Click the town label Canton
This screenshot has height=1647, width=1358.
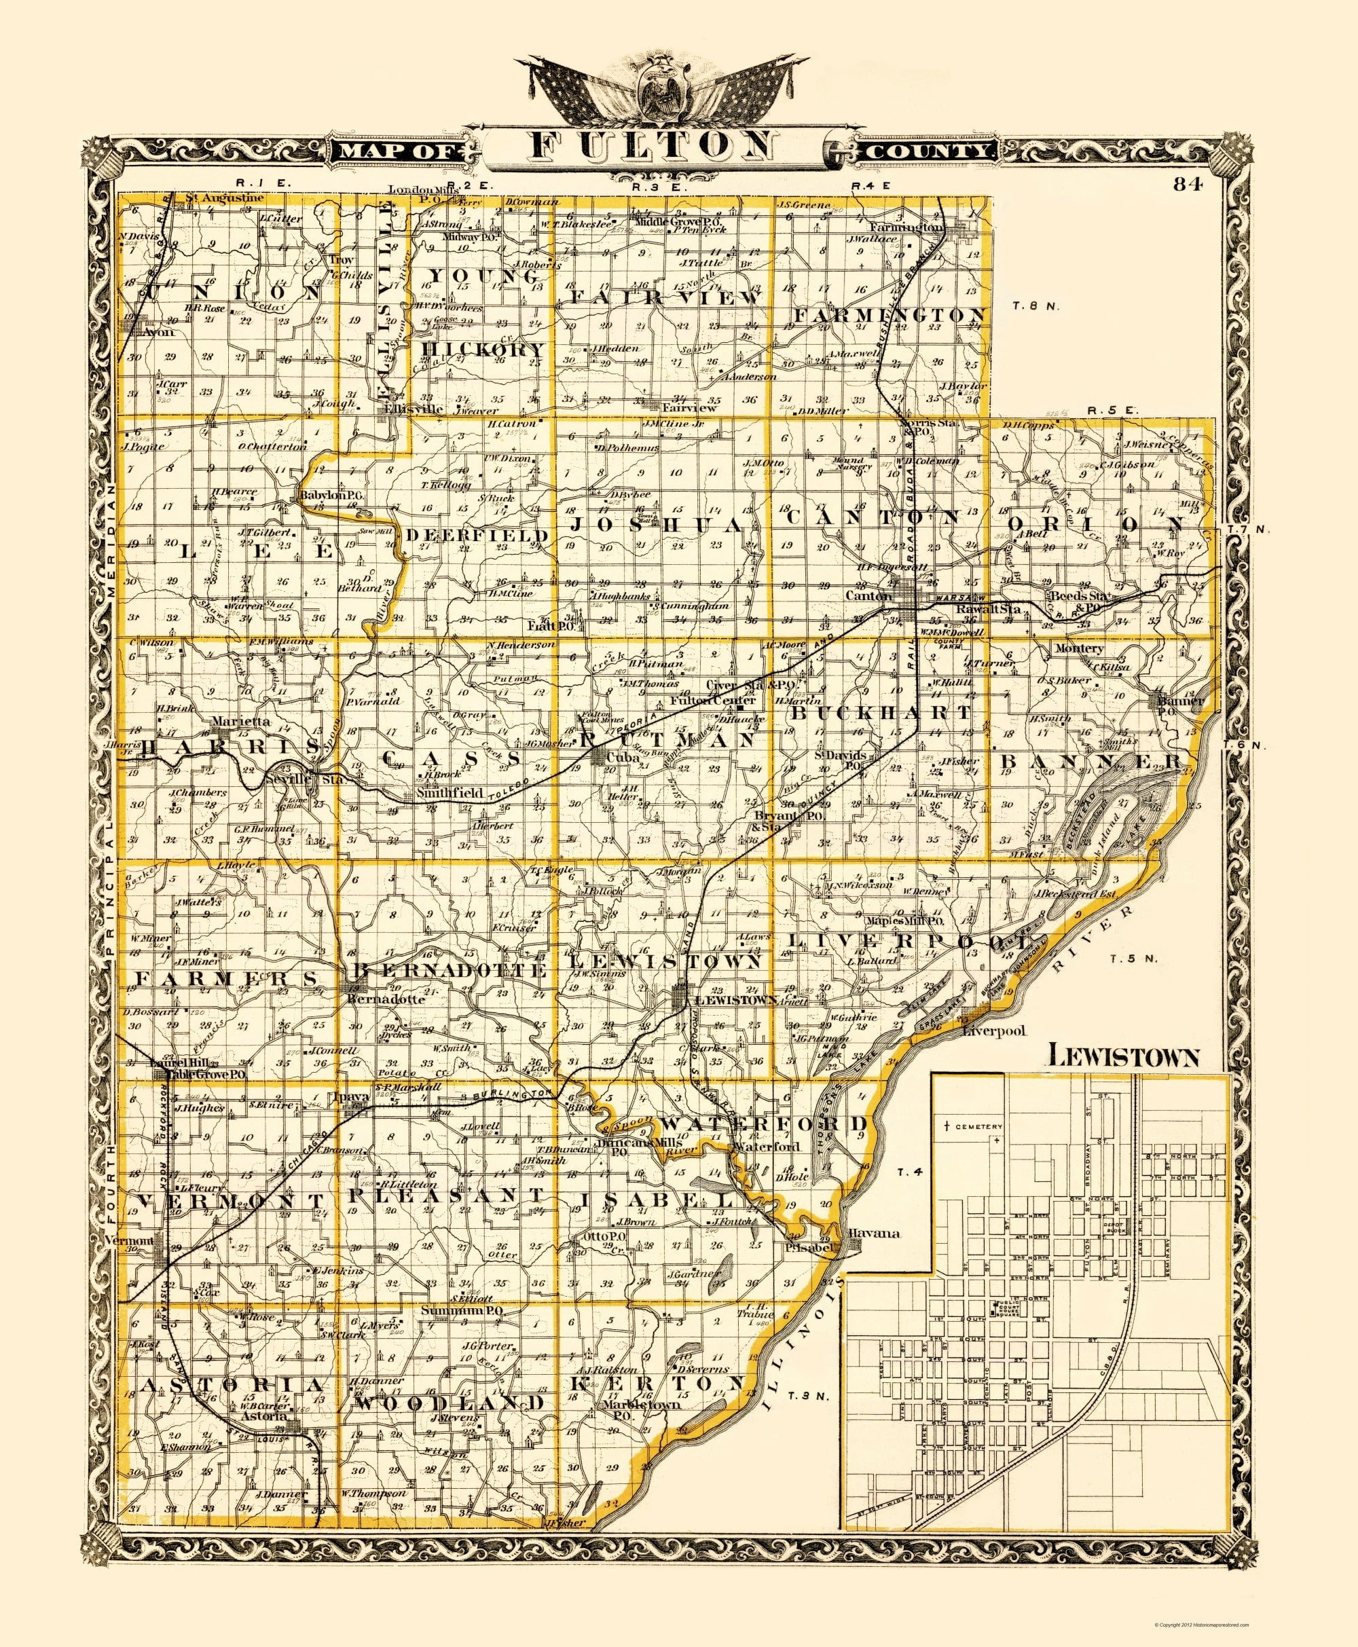tap(868, 596)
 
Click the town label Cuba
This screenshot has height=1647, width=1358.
tap(617, 758)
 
